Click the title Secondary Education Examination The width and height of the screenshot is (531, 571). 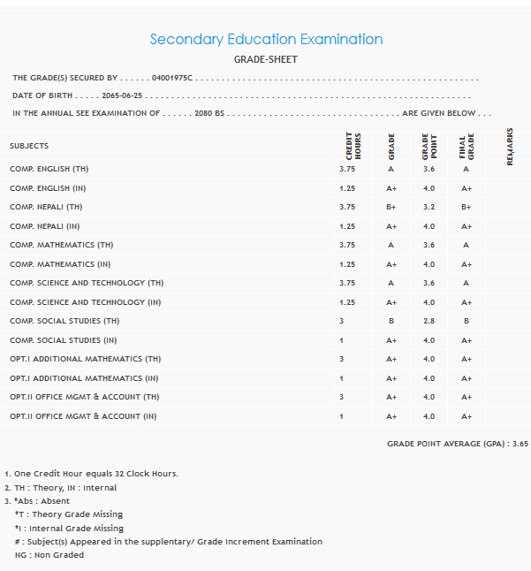tap(266, 40)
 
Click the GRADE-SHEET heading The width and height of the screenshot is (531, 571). tap(266, 60)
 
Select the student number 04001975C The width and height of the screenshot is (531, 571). tap(171, 79)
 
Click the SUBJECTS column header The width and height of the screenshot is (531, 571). tap(29, 146)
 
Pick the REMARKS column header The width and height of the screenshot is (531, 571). tap(510, 146)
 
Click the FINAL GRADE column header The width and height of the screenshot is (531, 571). tap(466, 146)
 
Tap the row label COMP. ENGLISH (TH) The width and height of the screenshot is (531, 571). tap(49, 169)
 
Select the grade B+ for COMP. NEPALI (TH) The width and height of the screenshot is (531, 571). tap(391, 207)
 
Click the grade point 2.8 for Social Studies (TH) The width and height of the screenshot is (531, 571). tap(429, 321)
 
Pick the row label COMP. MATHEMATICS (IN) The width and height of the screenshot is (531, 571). tap(60, 264)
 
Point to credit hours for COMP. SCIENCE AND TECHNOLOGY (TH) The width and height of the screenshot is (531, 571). tap(347, 283)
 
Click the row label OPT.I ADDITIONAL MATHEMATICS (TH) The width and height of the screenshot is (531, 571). tap(85, 359)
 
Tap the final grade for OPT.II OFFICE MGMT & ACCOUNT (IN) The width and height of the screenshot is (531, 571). tap(466, 416)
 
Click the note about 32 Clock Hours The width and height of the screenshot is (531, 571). tap(95, 474)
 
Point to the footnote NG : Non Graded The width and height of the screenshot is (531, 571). tap(49, 555)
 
